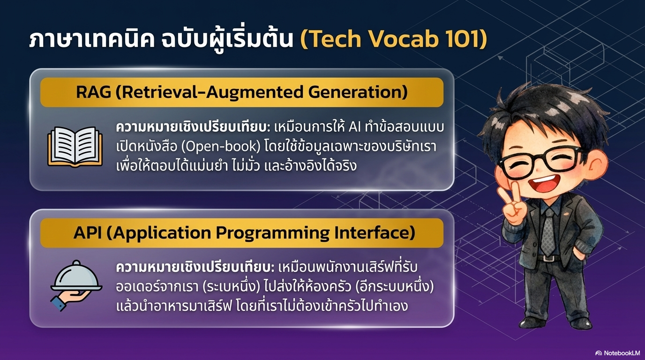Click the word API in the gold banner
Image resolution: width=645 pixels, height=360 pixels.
(87, 233)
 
